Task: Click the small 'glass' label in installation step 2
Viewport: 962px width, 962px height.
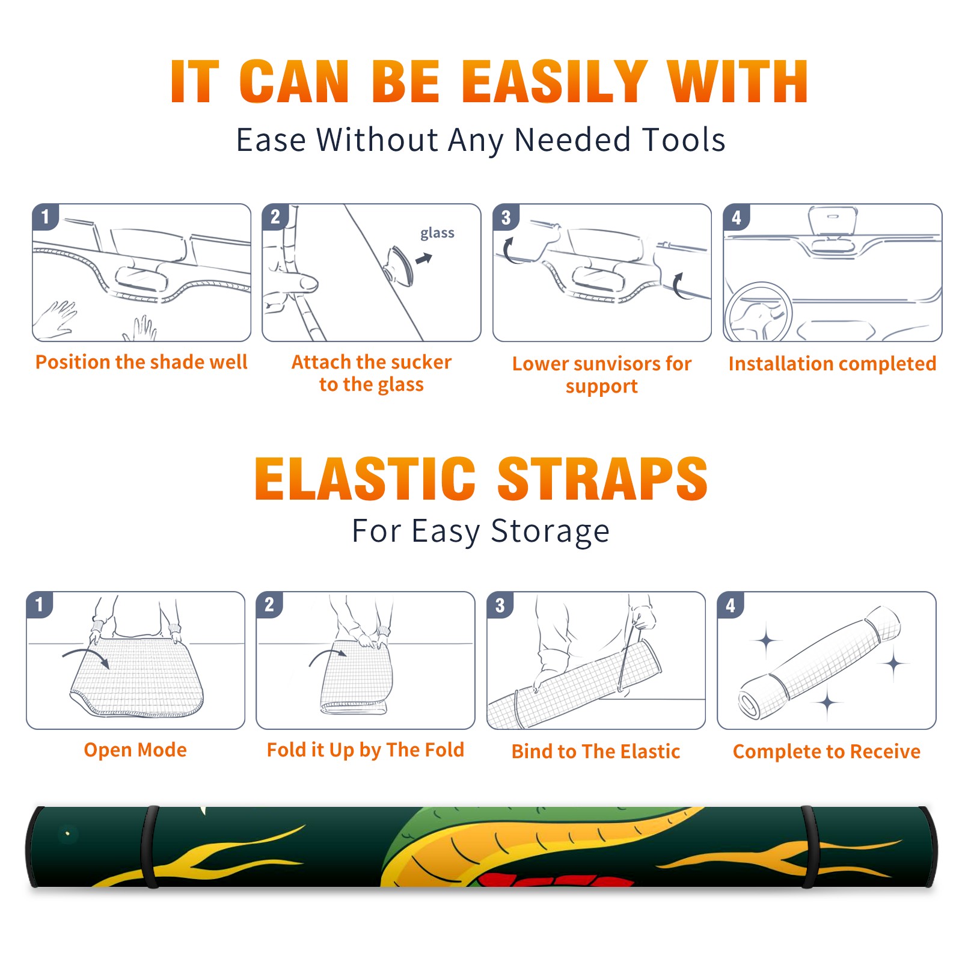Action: coord(437,233)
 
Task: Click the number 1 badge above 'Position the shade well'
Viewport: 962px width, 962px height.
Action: coord(46,216)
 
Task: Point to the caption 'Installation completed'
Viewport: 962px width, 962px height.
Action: coord(832,363)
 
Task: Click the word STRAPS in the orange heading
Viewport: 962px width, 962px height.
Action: coord(602,479)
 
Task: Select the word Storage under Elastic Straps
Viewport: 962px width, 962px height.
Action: coord(550,532)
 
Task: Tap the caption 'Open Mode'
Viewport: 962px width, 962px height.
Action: coord(135,750)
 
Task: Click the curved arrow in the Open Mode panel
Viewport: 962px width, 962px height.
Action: coord(86,654)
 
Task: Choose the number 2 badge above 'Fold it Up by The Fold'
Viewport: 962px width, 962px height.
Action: coord(269,604)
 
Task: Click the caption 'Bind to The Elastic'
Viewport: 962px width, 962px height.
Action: coord(596,752)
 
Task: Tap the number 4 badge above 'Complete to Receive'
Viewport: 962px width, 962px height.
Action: coord(731,605)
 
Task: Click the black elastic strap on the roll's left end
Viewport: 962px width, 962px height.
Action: coord(150,847)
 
